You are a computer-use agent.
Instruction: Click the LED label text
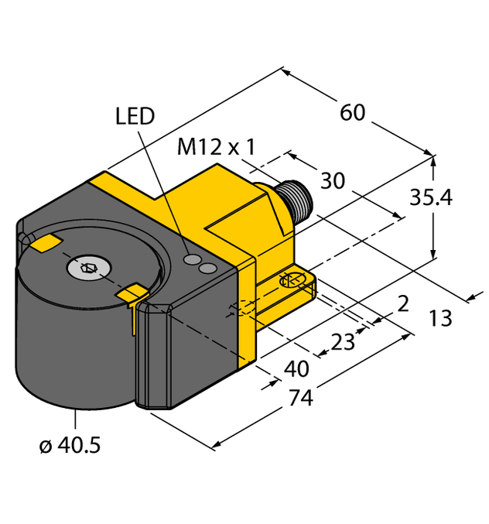pos(135,116)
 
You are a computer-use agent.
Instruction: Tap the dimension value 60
pos(352,112)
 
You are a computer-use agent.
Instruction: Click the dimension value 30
pos(333,181)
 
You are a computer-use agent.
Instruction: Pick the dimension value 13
pos(440,317)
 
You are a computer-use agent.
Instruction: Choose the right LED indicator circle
pos(207,268)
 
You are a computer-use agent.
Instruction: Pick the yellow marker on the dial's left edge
pos(43,244)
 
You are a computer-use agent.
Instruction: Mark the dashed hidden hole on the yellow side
pos(238,311)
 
